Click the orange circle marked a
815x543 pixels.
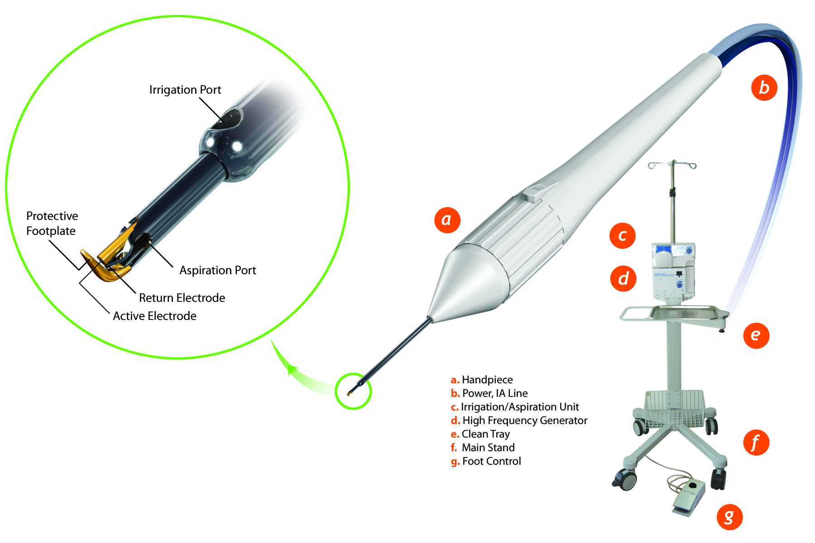(447, 220)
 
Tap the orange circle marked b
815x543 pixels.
(764, 87)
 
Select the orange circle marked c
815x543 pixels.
(623, 235)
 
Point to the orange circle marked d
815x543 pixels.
(623, 278)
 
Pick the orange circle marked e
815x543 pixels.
(756, 335)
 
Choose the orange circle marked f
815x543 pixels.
(756, 442)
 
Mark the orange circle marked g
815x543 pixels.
(729, 516)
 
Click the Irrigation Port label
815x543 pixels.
(185, 90)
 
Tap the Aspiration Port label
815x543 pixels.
(218, 270)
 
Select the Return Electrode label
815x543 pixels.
(182, 298)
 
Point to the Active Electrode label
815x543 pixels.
(154, 316)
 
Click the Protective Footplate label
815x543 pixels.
(52, 223)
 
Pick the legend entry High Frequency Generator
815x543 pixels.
(519, 420)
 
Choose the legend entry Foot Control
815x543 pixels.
(486, 461)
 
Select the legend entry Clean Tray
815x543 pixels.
(480, 434)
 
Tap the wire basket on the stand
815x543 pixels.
(674, 409)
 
